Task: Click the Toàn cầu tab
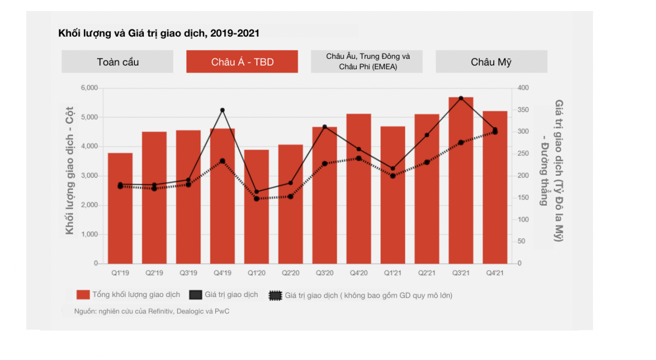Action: [x=118, y=61]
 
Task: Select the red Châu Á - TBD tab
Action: [x=242, y=61]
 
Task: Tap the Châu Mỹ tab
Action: [x=491, y=61]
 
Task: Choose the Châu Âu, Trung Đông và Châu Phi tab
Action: [x=367, y=61]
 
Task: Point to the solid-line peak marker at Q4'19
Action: [x=223, y=110]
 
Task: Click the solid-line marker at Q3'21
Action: [x=461, y=98]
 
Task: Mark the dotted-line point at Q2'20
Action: [x=290, y=196]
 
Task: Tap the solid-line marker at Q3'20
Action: [x=325, y=127]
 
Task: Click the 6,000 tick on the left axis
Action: [x=89, y=88]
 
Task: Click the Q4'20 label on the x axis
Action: [x=358, y=273]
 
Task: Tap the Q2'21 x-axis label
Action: [x=427, y=273]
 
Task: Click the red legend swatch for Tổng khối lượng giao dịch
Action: [x=83, y=295]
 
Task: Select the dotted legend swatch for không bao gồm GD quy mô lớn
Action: [x=276, y=295]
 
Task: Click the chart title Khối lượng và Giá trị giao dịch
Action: [x=158, y=33]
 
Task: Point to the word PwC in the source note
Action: [x=222, y=311]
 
